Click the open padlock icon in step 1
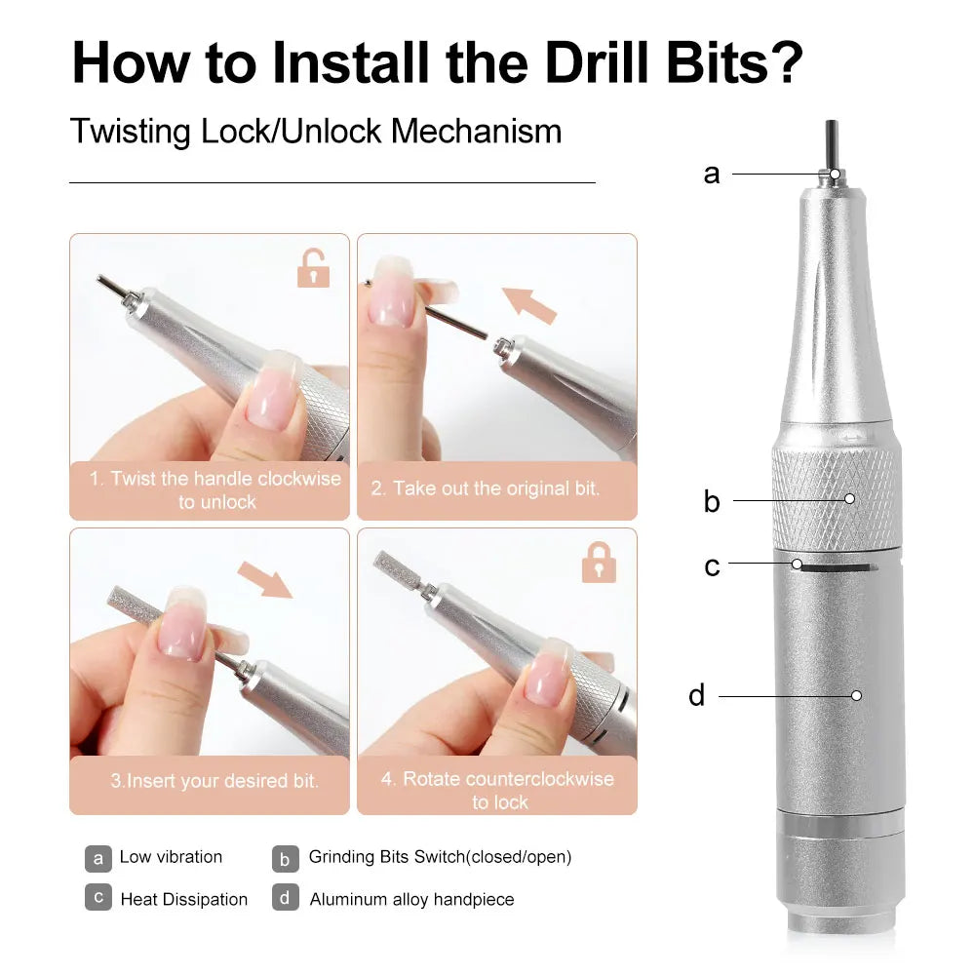pos(313,268)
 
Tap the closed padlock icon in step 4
pos(598,563)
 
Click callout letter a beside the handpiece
pos(712,175)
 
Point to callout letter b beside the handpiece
pos(712,501)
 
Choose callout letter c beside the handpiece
pos(712,566)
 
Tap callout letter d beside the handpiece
pos(696,696)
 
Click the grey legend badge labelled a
pos(97,858)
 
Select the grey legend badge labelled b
pos(285,858)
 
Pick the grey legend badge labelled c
pos(97,898)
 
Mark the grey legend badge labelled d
pos(285,898)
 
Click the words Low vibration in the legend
pos(171,857)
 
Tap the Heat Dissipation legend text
pos(183,899)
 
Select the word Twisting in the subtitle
pos(132,132)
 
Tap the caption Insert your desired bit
pos(214,781)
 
